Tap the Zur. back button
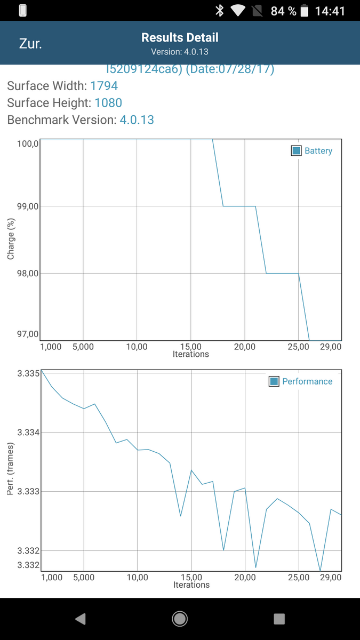(30, 44)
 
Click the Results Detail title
(180, 37)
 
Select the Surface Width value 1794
(104, 86)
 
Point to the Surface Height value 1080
(108, 102)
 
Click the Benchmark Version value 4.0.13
(137, 119)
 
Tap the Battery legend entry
(312, 151)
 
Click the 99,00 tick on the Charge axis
(28, 206)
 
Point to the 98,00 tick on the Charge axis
(28, 273)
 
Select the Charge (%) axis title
(11, 241)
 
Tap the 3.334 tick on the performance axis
(28, 432)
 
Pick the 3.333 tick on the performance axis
(28, 491)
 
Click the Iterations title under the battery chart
(191, 354)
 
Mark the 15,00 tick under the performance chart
(191, 577)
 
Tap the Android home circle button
(180, 618)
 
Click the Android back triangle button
(81, 618)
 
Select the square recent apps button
(279, 618)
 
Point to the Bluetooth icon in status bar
(219, 11)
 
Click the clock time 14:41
(330, 11)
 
